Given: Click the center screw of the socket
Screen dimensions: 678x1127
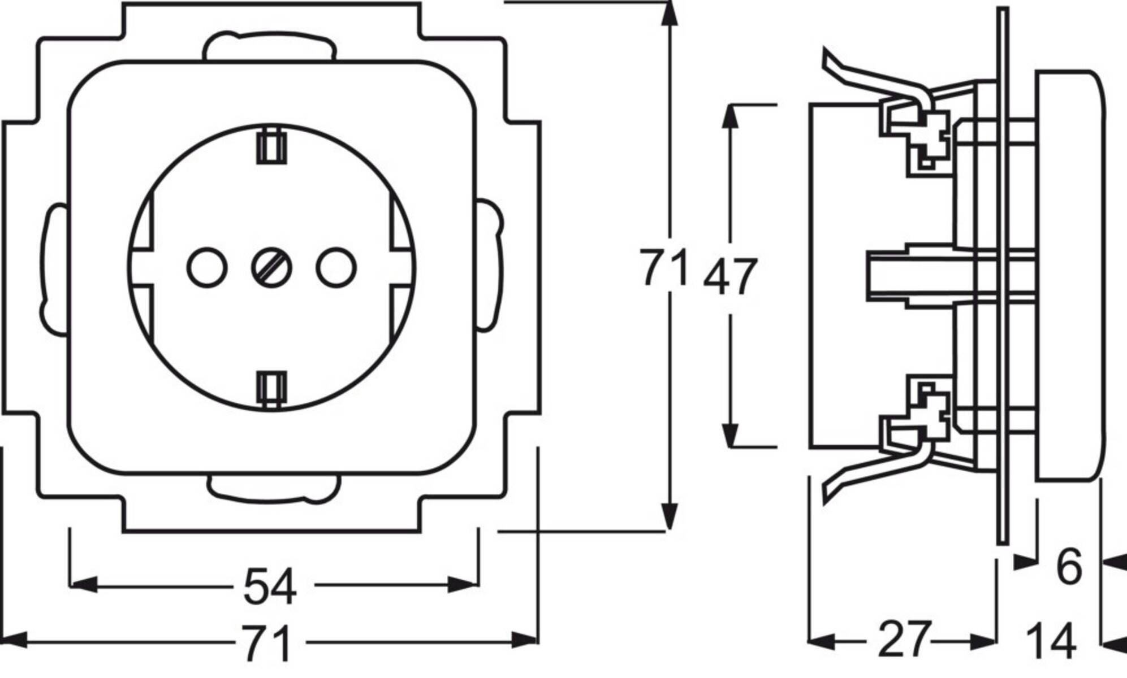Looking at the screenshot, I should point(271,268).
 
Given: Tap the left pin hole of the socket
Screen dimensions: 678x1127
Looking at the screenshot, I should point(207,268).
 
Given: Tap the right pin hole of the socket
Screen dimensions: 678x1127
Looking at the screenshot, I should point(336,268).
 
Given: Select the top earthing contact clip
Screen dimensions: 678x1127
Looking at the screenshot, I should point(271,146).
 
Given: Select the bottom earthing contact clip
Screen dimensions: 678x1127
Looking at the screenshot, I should point(271,389).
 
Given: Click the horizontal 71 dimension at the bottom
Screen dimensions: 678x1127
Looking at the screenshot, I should point(267,643).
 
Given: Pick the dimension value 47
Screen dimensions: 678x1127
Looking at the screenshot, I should point(729,277).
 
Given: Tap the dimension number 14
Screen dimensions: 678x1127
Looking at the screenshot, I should point(1051,641).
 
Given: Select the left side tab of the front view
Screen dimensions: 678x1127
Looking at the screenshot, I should point(53,267).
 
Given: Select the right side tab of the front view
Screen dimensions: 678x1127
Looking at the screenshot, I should point(490,263).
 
